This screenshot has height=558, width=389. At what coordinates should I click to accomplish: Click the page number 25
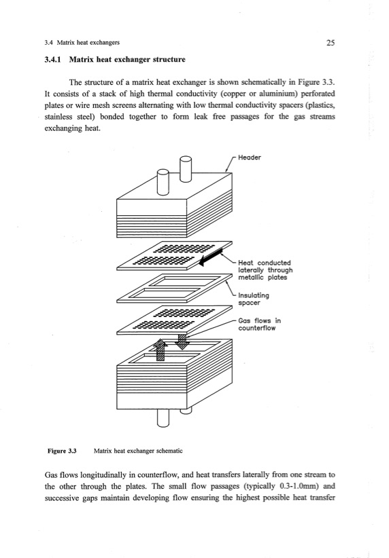click(331, 43)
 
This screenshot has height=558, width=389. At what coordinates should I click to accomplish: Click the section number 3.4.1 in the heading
click(52, 60)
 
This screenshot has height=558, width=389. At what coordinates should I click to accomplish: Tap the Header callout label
click(249, 157)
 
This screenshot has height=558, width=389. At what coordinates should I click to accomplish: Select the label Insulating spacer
click(254, 299)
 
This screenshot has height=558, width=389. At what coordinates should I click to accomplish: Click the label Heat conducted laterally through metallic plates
click(265, 270)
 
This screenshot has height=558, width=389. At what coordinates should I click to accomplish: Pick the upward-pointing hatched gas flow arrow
click(160, 350)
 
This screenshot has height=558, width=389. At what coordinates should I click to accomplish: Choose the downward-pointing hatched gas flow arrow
click(182, 341)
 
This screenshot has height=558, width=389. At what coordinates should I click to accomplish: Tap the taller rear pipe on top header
click(186, 168)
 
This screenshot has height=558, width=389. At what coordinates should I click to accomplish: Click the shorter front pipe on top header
click(163, 182)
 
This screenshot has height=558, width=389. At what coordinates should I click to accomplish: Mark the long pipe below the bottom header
click(163, 417)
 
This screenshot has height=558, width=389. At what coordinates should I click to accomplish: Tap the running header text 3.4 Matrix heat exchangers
click(82, 43)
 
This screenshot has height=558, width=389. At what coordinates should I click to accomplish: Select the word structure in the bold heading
click(169, 60)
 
